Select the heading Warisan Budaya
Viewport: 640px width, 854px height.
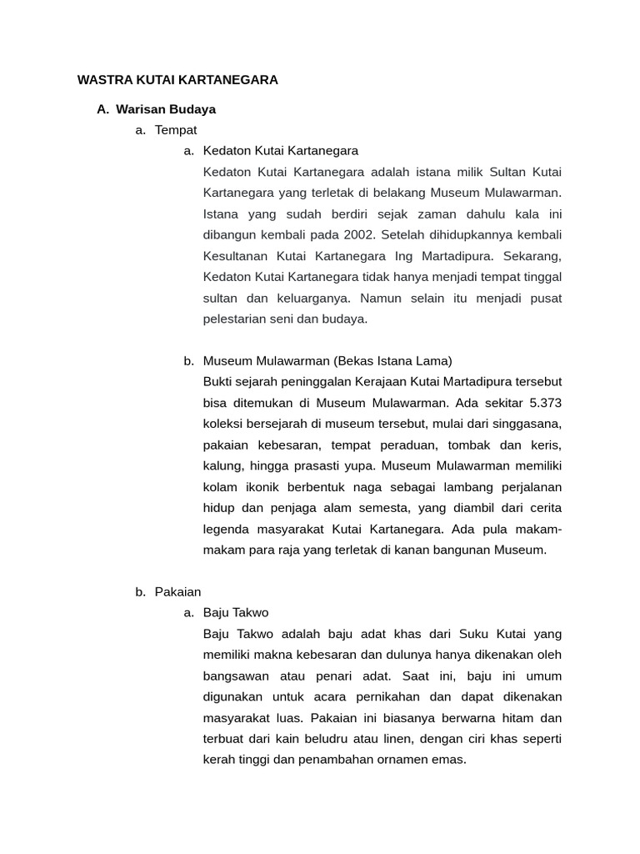point(166,108)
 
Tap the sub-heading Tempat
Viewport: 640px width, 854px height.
point(176,129)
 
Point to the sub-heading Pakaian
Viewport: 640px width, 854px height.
point(178,591)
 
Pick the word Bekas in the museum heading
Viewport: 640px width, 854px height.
point(356,361)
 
